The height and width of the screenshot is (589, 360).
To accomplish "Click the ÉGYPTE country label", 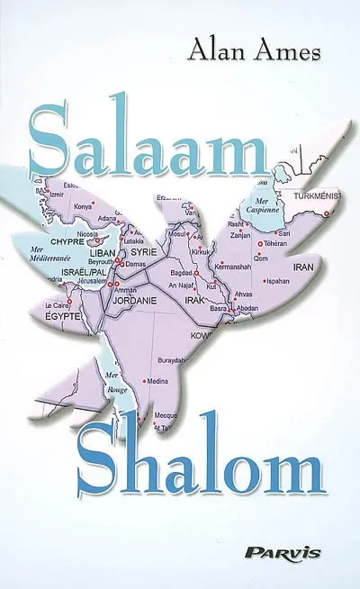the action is pos(62,317).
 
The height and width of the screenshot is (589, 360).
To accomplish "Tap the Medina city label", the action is pos(157,382).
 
